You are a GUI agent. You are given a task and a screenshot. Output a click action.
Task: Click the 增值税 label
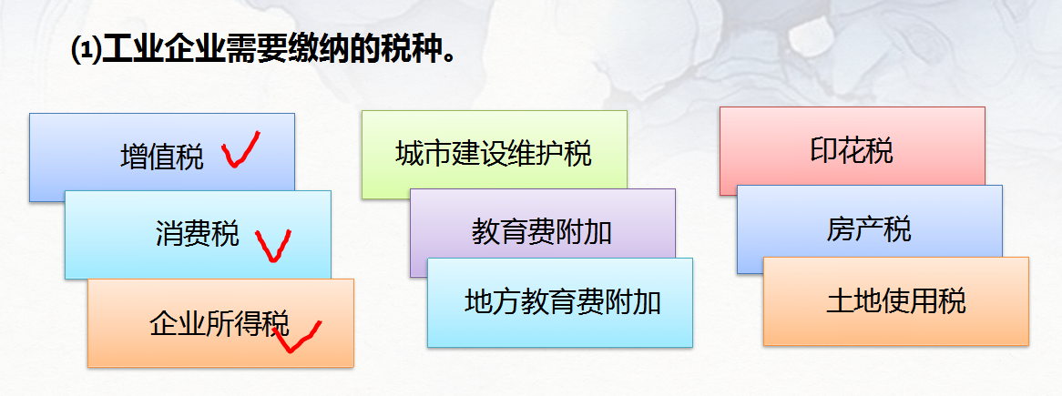pyautogui.click(x=162, y=157)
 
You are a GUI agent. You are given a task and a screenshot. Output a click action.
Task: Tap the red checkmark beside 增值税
pyautogui.click(x=240, y=151)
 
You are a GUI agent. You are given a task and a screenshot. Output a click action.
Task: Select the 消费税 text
pyautogui.click(x=197, y=234)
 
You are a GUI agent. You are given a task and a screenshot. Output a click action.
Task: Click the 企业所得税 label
pyautogui.click(x=219, y=323)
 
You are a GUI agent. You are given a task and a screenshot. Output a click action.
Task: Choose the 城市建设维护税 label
pyautogui.click(x=494, y=153)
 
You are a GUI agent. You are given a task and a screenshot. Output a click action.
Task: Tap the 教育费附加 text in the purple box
pyautogui.click(x=542, y=231)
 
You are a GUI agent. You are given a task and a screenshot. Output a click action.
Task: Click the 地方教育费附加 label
pyautogui.click(x=563, y=301)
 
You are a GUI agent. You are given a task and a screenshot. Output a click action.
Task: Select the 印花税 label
pyautogui.click(x=852, y=150)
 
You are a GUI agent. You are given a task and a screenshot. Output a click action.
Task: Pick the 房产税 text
pyautogui.click(x=869, y=228)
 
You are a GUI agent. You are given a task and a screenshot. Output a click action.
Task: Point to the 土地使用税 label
pyautogui.click(x=895, y=300)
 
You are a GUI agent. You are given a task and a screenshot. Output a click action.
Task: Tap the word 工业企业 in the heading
pyautogui.click(x=163, y=47)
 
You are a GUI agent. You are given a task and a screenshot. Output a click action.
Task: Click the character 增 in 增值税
pyautogui.click(x=134, y=157)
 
